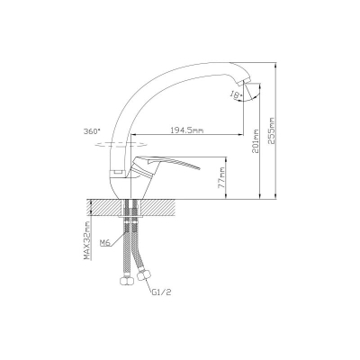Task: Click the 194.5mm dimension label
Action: (x=187, y=130)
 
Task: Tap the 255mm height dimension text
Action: (x=272, y=130)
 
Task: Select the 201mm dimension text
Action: (x=256, y=141)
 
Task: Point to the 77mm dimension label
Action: (x=221, y=178)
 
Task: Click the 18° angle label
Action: (x=236, y=95)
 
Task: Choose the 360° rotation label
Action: (x=92, y=131)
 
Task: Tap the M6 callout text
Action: (x=104, y=242)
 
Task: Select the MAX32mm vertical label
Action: (x=87, y=240)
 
